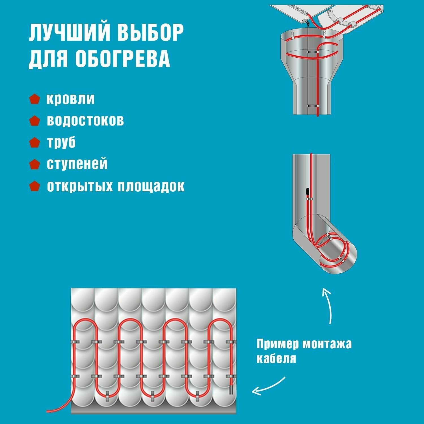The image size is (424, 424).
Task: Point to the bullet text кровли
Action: pyautogui.click(x=70, y=99)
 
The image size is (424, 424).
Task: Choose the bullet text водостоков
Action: pyautogui.click(x=85, y=120)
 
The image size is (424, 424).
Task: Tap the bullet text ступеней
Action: pyautogui.click(x=77, y=164)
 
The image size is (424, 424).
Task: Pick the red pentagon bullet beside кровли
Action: pyautogui.click(x=34, y=99)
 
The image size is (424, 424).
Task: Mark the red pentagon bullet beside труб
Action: pyautogui.click(x=34, y=142)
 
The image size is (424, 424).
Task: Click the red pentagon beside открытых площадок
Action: pyautogui.click(x=34, y=186)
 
